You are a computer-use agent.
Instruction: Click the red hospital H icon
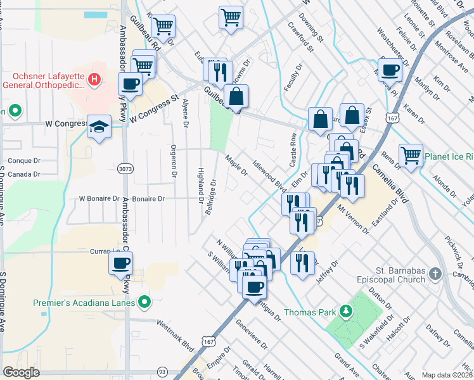[94, 79]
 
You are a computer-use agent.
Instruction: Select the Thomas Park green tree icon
[345, 311]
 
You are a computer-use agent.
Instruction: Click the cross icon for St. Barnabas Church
[435, 274]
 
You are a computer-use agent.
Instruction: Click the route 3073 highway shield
[125, 169]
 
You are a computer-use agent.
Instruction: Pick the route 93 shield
[163, 371]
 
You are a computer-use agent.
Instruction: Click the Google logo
[21, 372]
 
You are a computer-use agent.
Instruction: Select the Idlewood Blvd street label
[269, 175]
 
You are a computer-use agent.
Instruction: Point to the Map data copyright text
[447, 375]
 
